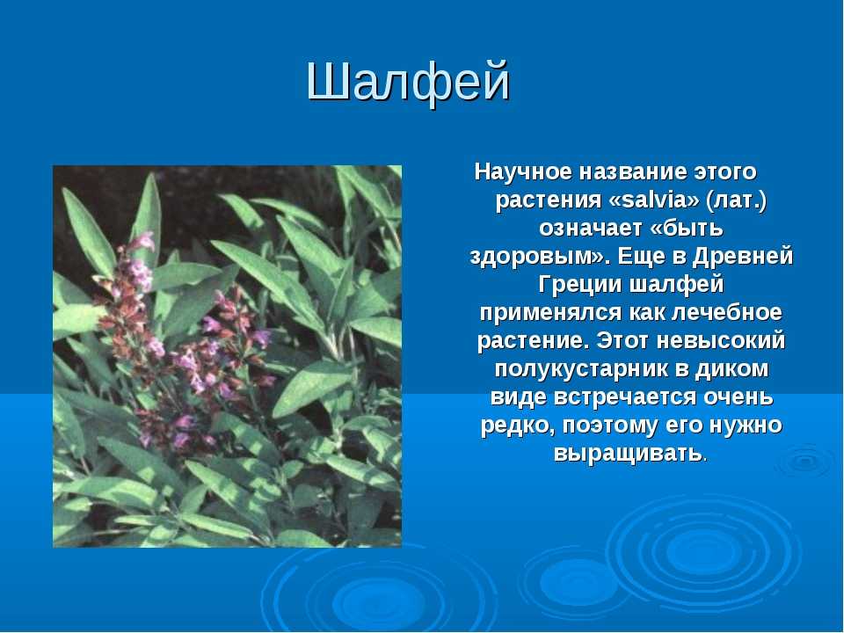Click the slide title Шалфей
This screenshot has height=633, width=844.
[408, 83]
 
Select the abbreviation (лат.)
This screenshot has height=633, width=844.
[737, 200]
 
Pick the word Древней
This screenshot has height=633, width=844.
[743, 257]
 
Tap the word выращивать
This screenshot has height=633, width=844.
[628, 454]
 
